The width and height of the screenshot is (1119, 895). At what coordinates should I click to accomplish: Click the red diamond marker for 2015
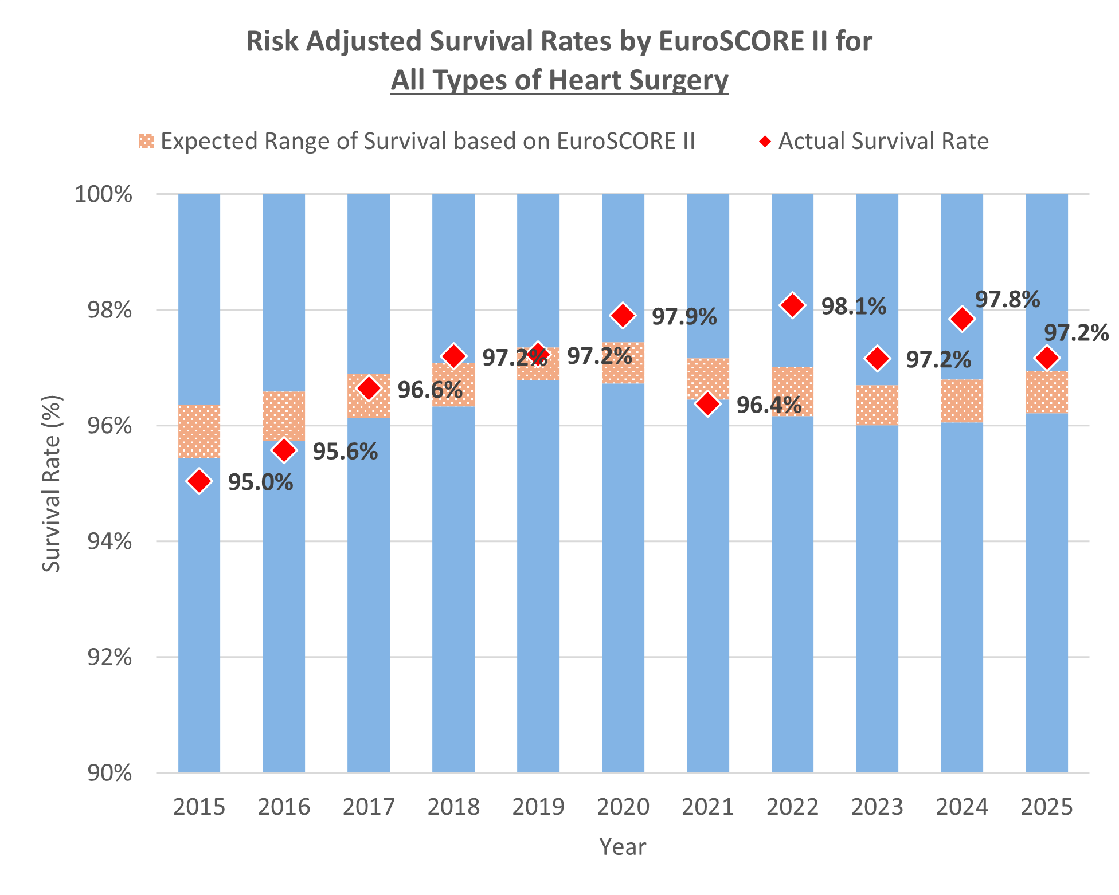[199, 481]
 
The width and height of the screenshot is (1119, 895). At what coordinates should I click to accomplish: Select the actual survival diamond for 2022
[793, 305]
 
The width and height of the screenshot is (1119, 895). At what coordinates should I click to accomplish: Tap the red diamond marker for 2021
[708, 404]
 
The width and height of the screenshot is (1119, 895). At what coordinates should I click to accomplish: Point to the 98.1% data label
[854, 307]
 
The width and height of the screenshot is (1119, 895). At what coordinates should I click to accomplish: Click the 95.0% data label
[260, 482]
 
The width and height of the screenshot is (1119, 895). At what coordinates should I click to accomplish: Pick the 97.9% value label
[684, 317]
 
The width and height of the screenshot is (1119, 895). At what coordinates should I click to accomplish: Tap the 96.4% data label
[769, 405]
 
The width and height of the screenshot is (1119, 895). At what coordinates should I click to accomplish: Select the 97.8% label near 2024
[1007, 299]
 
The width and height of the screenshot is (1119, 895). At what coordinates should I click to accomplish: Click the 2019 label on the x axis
[538, 807]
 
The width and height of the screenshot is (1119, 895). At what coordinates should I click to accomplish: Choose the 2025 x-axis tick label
[1047, 807]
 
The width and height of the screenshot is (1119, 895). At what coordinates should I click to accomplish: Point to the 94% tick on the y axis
[110, 541]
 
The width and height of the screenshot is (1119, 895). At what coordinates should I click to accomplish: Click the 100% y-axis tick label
[104, 195]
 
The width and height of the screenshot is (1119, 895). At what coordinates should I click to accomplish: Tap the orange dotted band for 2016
[284, 416]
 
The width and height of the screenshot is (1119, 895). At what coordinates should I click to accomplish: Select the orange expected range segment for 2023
[877, 405]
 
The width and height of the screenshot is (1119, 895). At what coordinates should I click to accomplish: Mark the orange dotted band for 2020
[623, 363]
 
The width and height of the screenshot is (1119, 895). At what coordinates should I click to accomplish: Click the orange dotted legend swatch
[147, 141]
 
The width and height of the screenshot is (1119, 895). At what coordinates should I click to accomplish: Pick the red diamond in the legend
[765, 141]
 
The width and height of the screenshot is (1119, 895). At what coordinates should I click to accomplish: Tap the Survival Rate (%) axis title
[52, 483]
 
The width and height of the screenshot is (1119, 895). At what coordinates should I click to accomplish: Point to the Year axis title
[623, 847]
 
